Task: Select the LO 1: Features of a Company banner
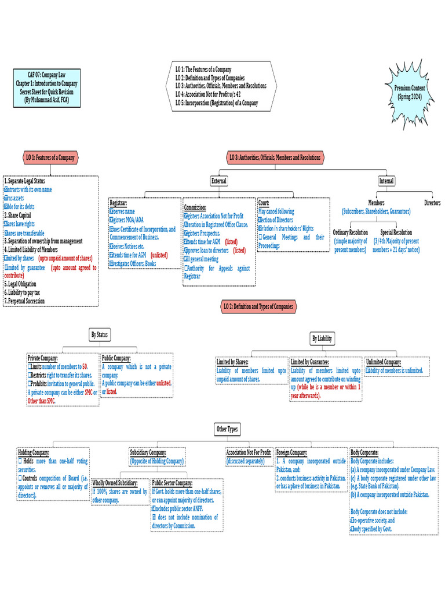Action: point(50,158)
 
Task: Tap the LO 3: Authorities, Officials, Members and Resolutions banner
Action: point(275,158)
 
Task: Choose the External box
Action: point(219,181)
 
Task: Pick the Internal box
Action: point(386,181)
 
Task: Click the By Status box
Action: point(100,335)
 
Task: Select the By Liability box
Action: point(322,339)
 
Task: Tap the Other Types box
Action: point(227,429)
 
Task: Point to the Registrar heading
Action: point(119,204)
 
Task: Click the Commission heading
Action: point(195,207)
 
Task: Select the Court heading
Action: point(264,204)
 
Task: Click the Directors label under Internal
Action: point(432,203)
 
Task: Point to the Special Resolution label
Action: point(396,232)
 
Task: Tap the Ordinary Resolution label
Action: point(350,232)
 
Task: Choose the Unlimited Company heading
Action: point(382,362)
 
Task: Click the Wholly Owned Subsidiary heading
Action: point(115,482)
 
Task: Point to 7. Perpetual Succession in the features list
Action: point(24,301)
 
